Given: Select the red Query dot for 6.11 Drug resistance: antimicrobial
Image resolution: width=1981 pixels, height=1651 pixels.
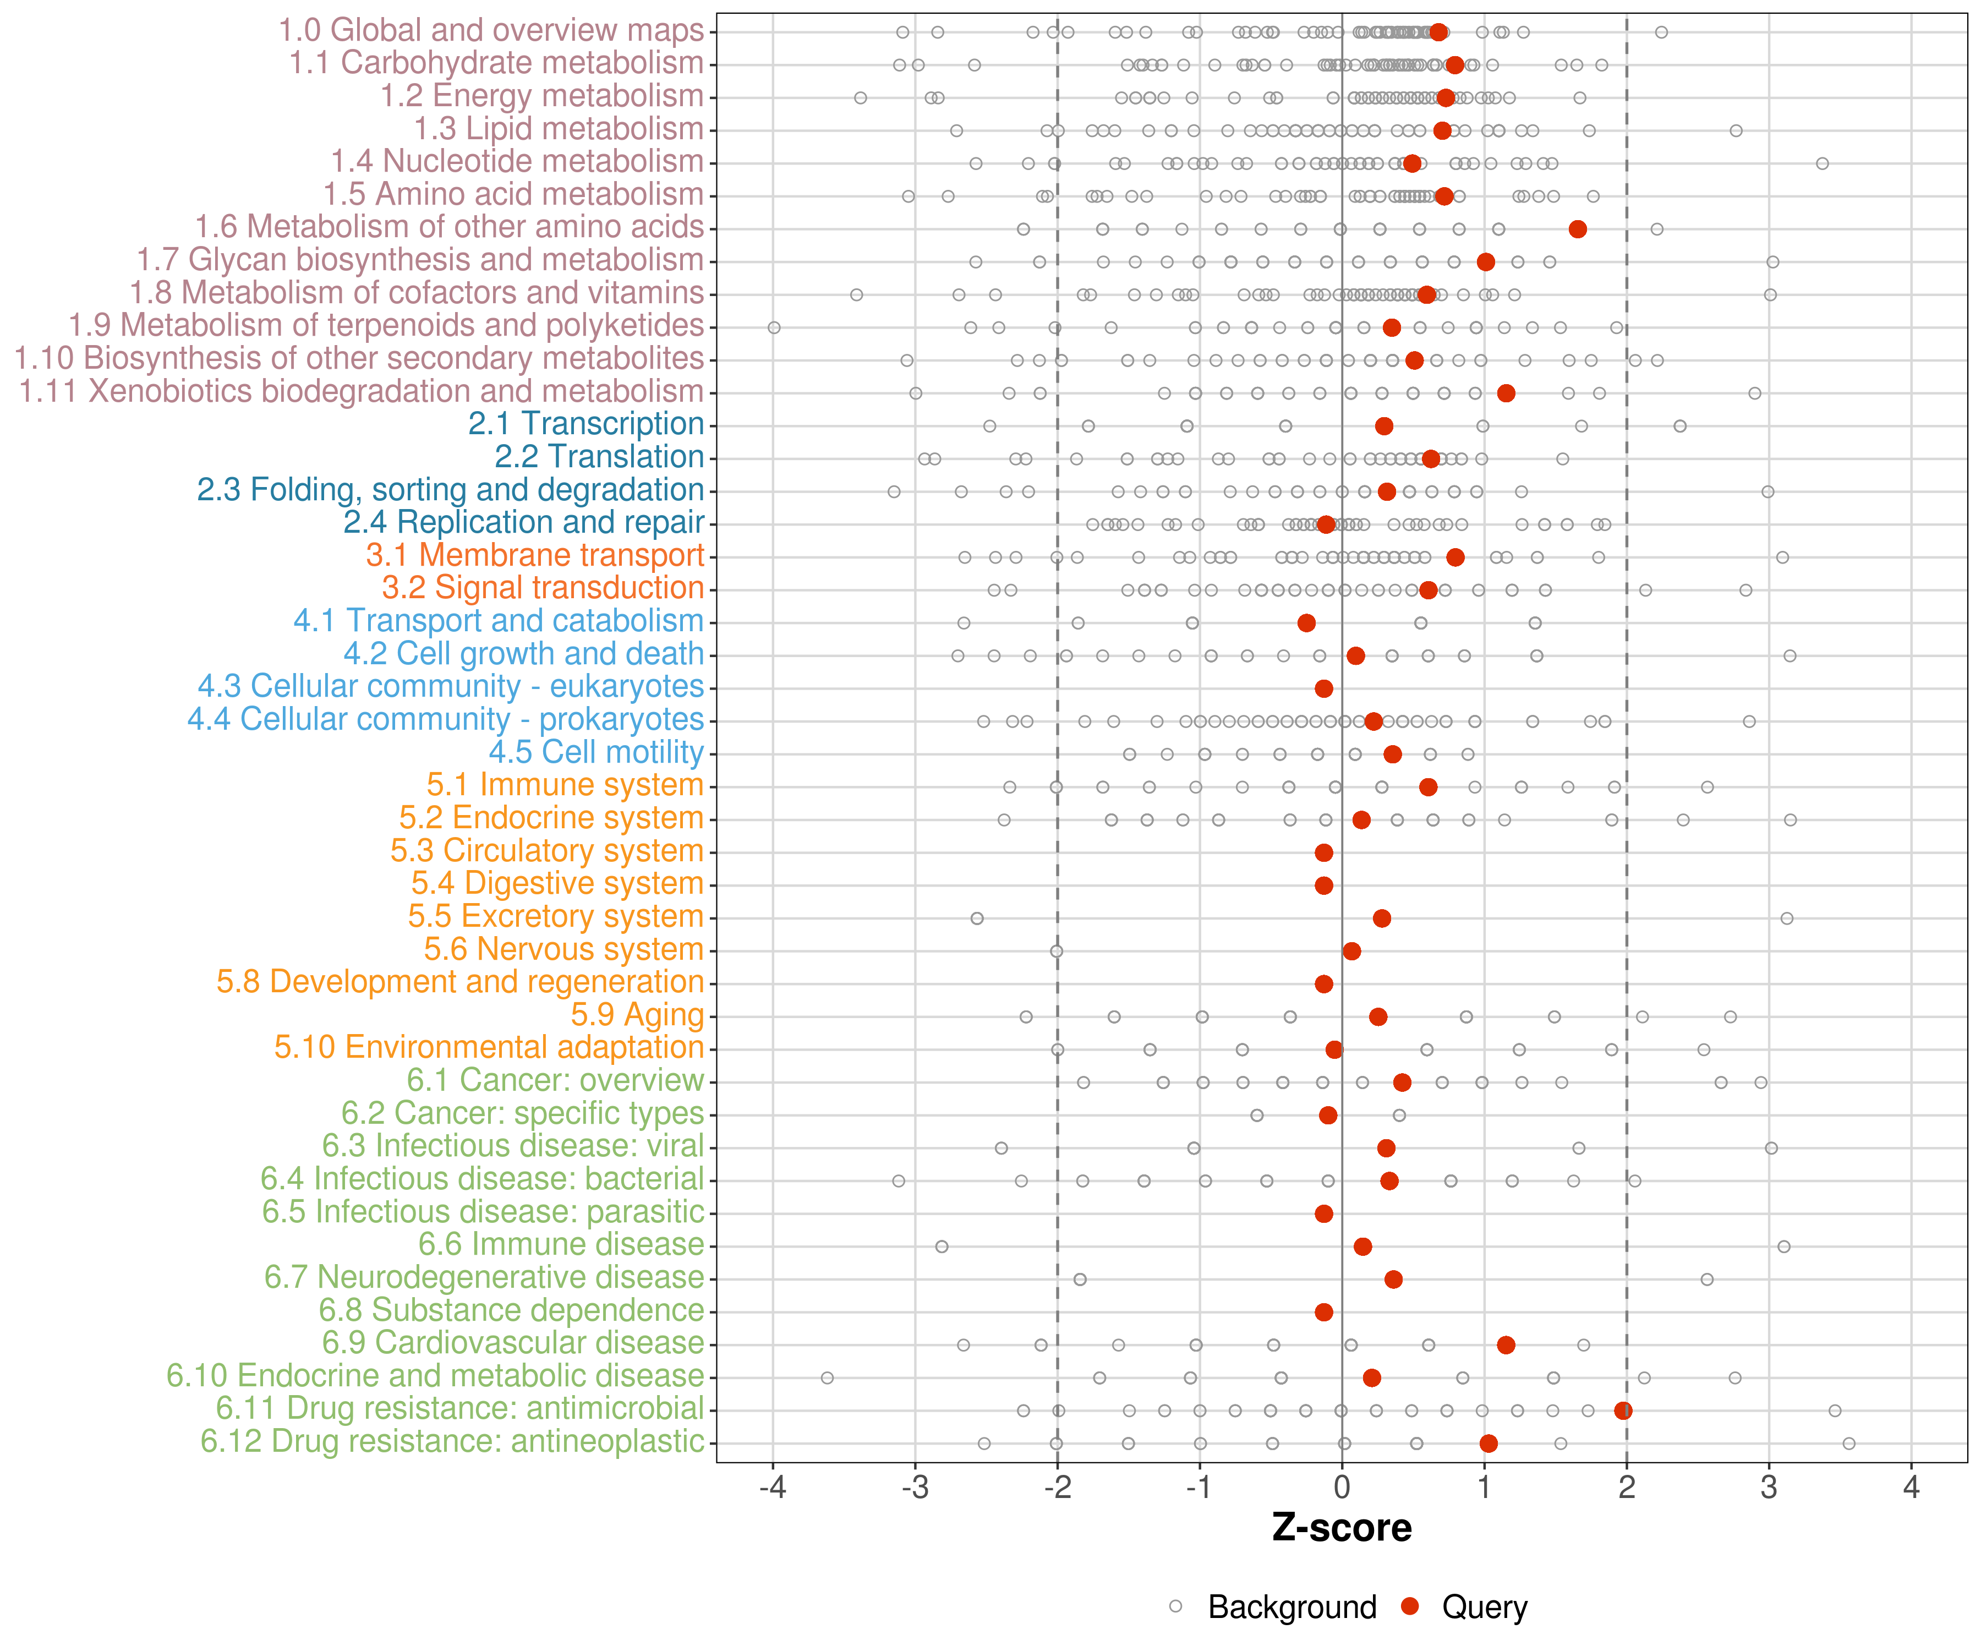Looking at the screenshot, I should (x=1623, y=1411).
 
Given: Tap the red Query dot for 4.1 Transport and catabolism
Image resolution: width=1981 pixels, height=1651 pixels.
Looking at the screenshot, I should (x=1306, y=622).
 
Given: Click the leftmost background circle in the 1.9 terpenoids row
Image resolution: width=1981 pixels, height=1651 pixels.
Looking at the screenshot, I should (x=774, y=327).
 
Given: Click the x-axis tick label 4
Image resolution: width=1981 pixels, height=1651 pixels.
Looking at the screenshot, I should (x=1911, y=1488).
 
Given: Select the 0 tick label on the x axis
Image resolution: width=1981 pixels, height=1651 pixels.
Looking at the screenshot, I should (x=1342, y=1488).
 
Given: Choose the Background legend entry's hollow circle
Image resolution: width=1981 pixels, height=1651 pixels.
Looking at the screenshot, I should (x=1175, y=1606).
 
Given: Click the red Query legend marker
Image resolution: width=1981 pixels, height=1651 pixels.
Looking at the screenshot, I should (x=1410, y=1606).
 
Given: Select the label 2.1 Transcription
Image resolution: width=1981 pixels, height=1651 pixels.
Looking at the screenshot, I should (x=586, y=424).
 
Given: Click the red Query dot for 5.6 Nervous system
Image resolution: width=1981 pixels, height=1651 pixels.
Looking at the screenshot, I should (x=1352, y=951).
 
